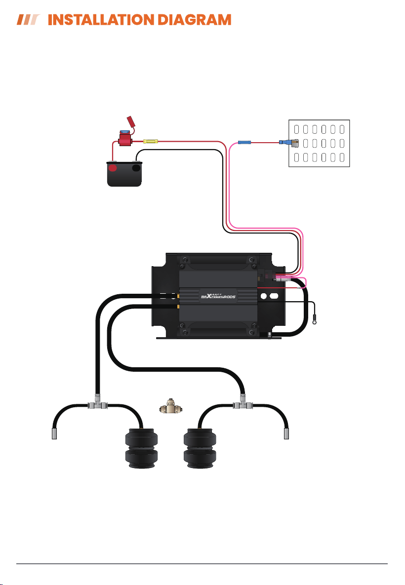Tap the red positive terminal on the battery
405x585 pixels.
112,167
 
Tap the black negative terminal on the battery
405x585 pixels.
136,167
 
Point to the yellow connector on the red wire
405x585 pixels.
151,141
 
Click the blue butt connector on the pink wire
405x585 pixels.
244,142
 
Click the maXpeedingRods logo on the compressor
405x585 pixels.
218,296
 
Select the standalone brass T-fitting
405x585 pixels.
171,407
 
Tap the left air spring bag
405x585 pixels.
141,448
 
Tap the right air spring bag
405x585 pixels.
200,448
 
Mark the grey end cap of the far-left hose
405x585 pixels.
54,434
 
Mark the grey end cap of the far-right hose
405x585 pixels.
286,434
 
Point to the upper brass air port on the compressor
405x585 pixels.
178,296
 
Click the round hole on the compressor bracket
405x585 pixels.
264,296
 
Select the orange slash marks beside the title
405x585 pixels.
28,20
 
